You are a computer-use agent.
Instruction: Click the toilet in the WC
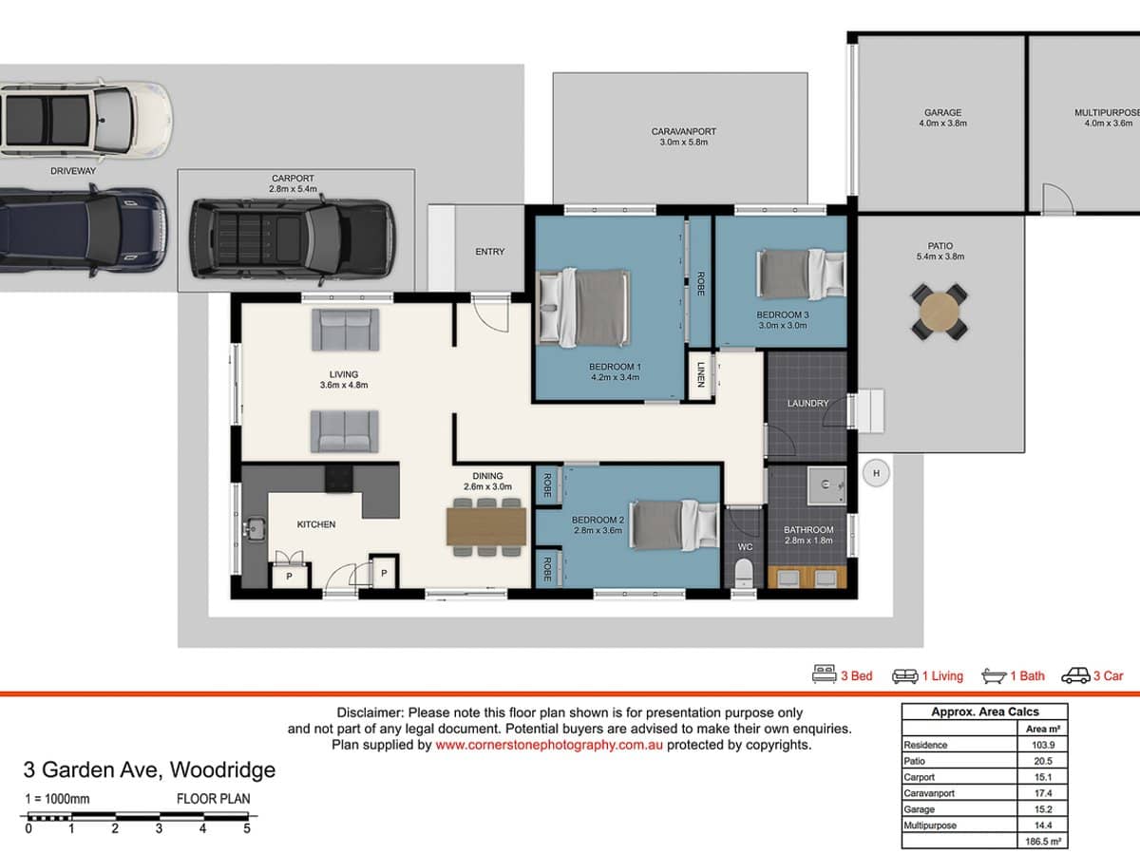coord(744,573)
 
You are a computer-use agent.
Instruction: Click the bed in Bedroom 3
coord(800,272)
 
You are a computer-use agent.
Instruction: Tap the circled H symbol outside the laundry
coord(876,472)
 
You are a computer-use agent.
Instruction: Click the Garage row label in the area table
coord(920,809)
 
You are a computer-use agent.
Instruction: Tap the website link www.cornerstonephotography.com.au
coord(549,746)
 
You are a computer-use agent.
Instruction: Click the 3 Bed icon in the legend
coord(824,675)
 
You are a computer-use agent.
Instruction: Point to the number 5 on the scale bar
coord(246,828)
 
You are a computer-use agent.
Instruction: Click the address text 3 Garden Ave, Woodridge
coord(149,770)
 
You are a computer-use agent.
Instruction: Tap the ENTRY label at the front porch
coord(489,252)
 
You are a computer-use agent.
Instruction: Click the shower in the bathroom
coord(825,485)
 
